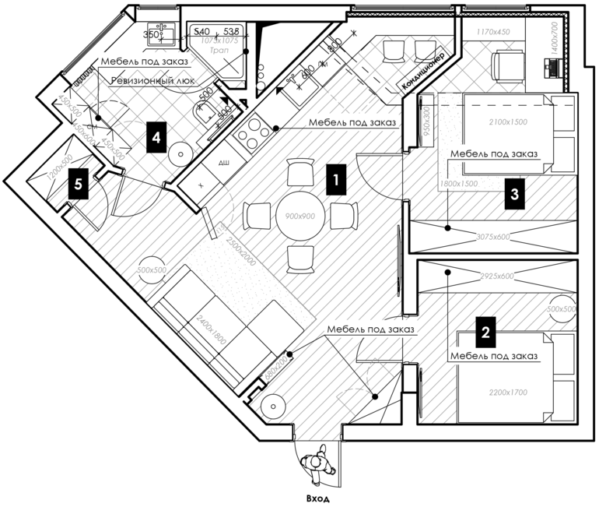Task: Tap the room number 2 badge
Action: pyautogui.click(x=485, y=333)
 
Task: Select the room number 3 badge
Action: pyautogui.click(x=513, y=194)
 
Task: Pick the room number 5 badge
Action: pyautogui.click(x=77, y=185)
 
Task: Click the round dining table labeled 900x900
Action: pyautogui.click(x=299, y=216)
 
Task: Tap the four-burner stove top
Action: pyautogui.click(x=252, y=135)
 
